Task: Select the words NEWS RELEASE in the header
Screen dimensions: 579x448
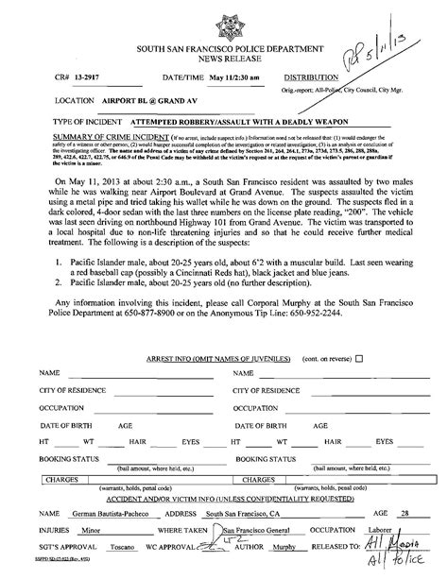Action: pos(224,57)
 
